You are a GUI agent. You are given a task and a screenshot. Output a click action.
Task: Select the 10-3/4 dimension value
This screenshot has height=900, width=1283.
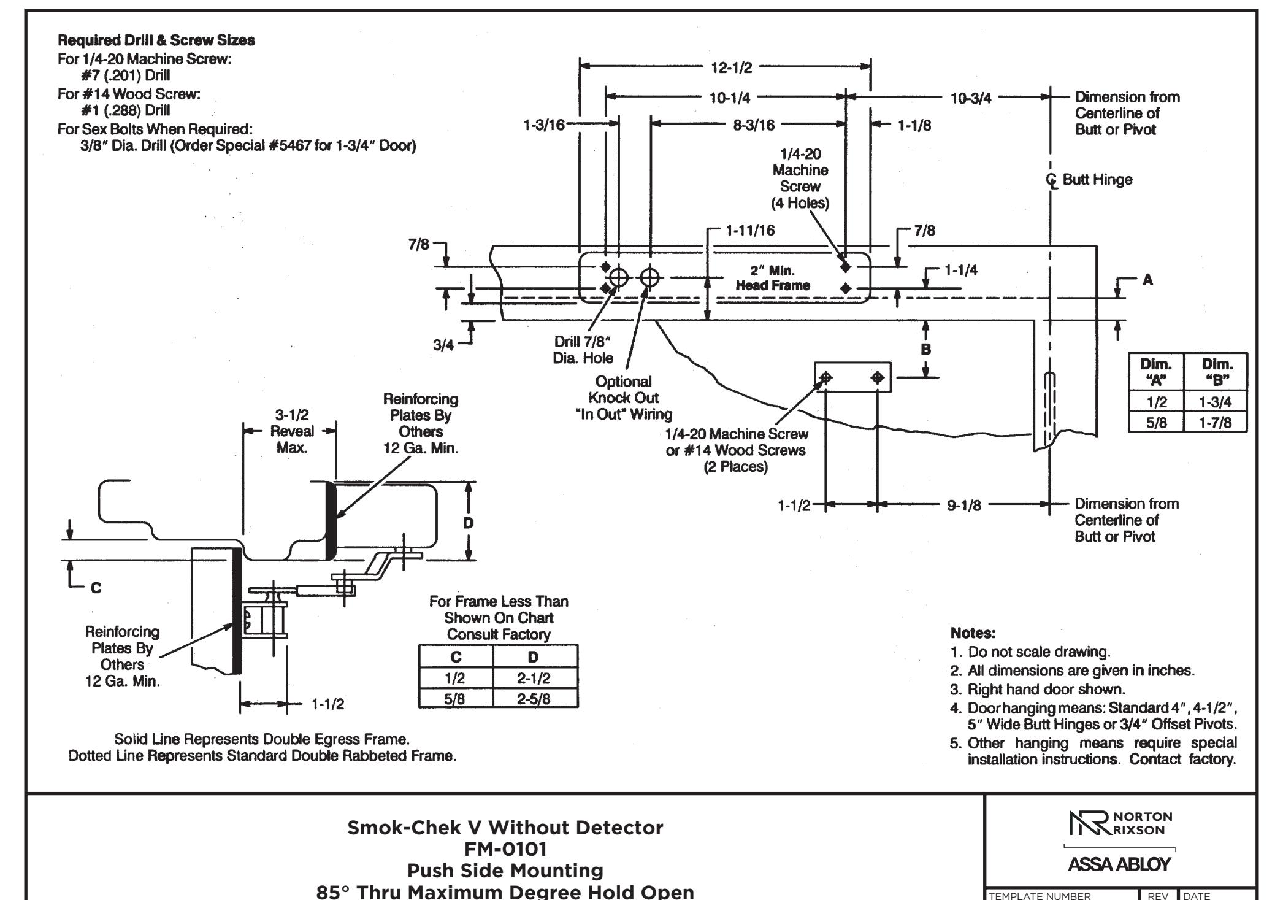(971, 98)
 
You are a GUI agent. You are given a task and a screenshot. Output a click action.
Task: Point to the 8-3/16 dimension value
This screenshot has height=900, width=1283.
(754, 125)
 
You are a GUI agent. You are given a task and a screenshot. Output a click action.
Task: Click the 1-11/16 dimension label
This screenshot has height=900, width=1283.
(750, 231)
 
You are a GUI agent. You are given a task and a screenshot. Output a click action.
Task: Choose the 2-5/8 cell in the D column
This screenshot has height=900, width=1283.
(533, 699)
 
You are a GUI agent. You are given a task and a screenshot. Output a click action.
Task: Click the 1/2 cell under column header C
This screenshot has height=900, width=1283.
(455, 678)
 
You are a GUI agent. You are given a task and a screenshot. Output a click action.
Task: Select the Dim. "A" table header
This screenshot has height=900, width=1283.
(1156, 371)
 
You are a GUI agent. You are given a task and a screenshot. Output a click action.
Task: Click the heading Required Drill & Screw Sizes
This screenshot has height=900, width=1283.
(156, 40)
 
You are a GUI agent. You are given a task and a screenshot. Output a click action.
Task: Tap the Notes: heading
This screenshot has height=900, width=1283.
(973, 633)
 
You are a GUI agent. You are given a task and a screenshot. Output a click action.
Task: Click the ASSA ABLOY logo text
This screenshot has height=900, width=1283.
(1119, 864)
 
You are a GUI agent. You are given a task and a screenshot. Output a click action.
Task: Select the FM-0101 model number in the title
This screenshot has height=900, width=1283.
(505, 849)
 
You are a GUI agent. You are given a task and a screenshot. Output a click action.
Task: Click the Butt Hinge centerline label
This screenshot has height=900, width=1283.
(1089, 180)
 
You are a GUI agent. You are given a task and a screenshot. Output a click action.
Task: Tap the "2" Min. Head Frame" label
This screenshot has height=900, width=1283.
(773, 278)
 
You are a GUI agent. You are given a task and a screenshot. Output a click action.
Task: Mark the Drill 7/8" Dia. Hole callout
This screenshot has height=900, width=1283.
(583, 350)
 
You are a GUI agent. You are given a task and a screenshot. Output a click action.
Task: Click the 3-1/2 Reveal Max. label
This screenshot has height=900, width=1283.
(292, 431)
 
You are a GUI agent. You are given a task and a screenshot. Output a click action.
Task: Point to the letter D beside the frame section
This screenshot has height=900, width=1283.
(469, 523)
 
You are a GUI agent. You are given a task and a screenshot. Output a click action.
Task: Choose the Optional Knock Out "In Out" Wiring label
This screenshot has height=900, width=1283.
(624, 398)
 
